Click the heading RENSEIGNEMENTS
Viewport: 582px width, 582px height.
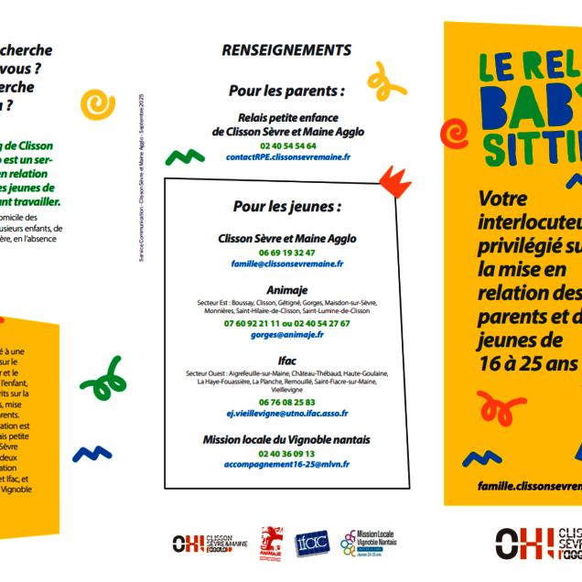[286, 50]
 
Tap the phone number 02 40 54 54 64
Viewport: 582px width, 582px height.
[287, 145]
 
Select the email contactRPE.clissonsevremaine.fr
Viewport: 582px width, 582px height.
[287, 157]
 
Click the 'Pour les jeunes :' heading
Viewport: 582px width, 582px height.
[286, 207]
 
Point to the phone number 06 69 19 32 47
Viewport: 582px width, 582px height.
[286, 253]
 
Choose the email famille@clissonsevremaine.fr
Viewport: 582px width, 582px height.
[286, 264]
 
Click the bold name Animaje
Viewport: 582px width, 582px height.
[286, 289]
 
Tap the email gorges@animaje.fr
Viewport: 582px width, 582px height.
[286, 335]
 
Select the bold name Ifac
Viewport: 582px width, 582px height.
[286, 360]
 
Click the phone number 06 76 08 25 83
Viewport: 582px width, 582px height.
[286, 402]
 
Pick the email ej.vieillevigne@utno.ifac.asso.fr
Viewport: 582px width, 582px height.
[286, 414]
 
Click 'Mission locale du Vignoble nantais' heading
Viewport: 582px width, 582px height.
[286, 439]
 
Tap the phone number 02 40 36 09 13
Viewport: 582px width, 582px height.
[286, 453]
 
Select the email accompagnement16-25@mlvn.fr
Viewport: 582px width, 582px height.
[286, 465]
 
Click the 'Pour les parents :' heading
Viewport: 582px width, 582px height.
[286, 92]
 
